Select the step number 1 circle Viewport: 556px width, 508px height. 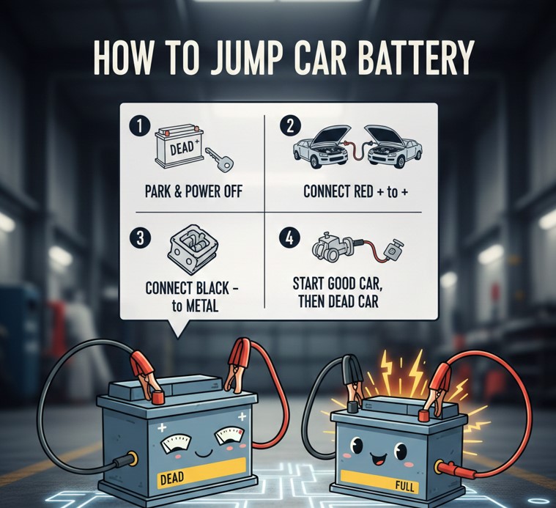pos(140,127)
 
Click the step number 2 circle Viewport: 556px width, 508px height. pos(290,126)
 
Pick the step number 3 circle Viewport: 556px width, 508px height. pos(141,238)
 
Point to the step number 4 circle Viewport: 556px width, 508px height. pos(289,238)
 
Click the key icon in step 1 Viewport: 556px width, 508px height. pos(219,160)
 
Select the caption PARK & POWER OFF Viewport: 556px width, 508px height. pos(193,192)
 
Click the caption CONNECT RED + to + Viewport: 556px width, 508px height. pos(356,192)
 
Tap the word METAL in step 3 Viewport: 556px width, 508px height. pos(201,306)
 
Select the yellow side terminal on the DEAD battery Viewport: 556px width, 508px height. pos(133,459)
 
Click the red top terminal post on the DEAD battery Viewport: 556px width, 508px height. pos(157,397)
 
